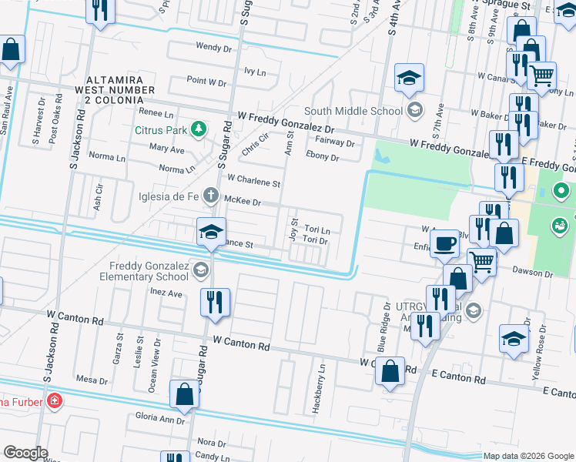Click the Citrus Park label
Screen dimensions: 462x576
160,130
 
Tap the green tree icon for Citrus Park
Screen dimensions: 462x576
199,128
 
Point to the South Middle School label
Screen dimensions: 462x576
353,111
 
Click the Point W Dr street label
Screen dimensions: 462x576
206,81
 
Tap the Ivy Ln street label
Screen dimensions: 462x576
254,72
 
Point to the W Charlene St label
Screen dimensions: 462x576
253,182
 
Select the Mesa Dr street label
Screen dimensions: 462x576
92,380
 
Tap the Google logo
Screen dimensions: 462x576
26,453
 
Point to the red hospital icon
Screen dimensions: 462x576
54,400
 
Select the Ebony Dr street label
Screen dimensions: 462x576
323,156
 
